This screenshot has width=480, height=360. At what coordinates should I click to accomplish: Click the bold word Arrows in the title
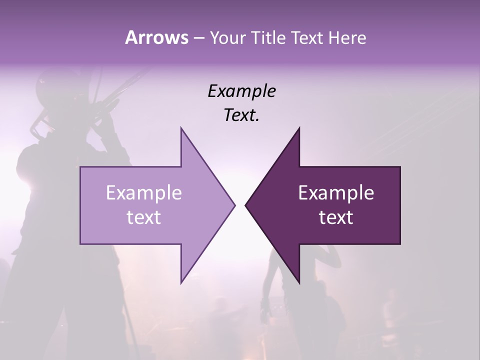click(x=155, y=37)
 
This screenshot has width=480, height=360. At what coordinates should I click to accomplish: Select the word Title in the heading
click(x=268, y=38)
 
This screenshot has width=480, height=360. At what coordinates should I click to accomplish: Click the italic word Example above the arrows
click(x=241, y=91)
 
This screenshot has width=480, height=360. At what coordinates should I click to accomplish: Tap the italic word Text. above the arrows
click(x=241, y=115)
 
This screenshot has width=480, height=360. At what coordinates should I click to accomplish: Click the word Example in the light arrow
click(x=144, y=192)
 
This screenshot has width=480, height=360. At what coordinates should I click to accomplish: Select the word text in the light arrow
click(x=144, y=217)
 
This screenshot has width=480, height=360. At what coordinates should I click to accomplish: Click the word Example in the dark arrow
click(x=336, y=192)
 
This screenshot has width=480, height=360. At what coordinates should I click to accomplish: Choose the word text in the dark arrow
click(x=336, y=217)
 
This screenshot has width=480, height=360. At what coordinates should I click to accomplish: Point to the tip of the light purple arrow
click(x=234, y=205)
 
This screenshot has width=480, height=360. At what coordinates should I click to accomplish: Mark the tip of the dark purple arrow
click(x=245, y=205)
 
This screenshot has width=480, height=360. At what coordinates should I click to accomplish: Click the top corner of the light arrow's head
click(x=181, y=128)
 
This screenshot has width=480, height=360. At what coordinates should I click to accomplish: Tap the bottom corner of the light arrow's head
click(x=181, y=283)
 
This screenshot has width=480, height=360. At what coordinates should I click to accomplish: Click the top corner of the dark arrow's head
click(x=299, y=128)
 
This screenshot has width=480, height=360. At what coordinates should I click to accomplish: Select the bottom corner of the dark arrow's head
click(x=299, y=283)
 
